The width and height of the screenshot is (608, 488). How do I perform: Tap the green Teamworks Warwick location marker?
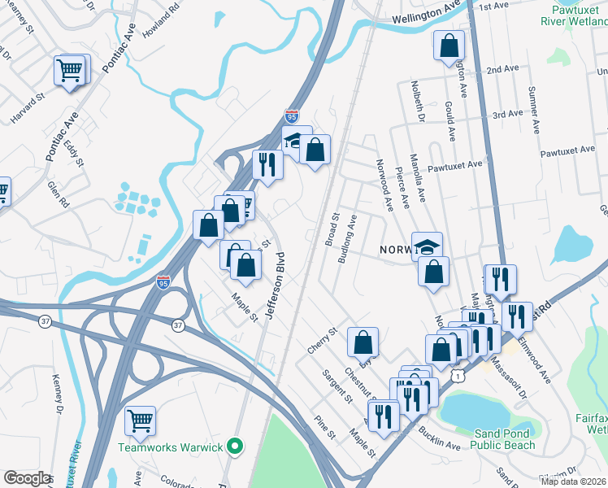(x=235, y=447)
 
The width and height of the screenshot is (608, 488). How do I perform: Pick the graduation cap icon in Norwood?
(x=428, y=245)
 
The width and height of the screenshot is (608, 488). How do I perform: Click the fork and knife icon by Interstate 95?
(x=267, y=164)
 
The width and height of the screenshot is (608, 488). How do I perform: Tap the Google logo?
(x=27, y=478)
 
